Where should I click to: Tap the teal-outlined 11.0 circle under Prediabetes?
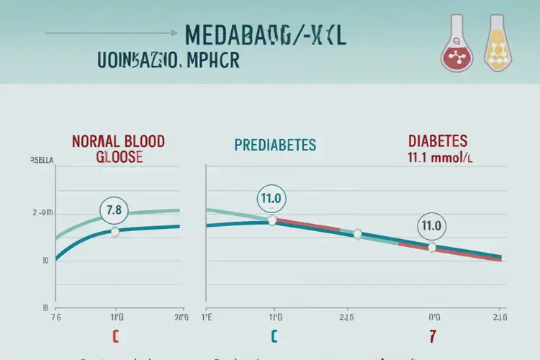(271, 199)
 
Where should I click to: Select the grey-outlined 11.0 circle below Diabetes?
(431, 225)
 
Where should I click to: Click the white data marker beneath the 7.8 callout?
(114, 231)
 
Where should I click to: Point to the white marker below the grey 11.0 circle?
(431, 248)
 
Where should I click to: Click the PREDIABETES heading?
(275, 145)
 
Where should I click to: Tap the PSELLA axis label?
(45, 160)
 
